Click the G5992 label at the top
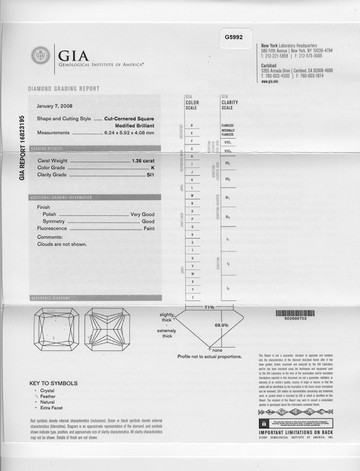point(234,37)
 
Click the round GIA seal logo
point(40,55)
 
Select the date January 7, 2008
point(54,106)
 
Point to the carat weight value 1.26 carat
point(143,161)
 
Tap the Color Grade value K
point(153,168)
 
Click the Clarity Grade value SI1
point(151,175)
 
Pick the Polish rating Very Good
point(142,214)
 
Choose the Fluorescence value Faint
point(149,228)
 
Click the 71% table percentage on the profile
point(209,308)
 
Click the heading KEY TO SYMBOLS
point(53,383)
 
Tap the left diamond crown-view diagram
point(54,329)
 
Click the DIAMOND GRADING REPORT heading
point(64,89)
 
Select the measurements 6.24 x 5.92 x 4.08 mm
point(129,133)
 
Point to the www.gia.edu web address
point(269,81)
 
